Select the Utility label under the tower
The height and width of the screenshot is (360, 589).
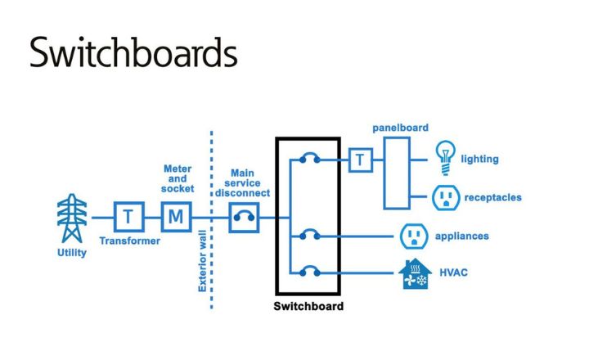[70, 254]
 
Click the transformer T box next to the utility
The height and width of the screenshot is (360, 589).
[128, 218]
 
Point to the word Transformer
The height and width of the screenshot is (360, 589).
[129, 241]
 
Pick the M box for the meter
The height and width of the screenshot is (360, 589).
[175, 218]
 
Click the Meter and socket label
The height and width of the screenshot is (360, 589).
[178, 179]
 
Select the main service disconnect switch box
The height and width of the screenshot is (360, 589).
[244, 218]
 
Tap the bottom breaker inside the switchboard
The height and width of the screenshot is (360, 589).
[308, 272]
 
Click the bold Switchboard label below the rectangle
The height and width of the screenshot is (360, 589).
[308, 308]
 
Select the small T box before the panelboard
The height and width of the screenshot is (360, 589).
[360, 160]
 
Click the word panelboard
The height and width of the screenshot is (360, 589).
[400, 128]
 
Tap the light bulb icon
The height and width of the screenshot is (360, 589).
[445, 157]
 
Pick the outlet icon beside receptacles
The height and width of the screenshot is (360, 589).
[445, 197]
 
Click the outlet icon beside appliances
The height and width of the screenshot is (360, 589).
[415, 236]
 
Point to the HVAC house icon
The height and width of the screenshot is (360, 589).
[415, 273]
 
